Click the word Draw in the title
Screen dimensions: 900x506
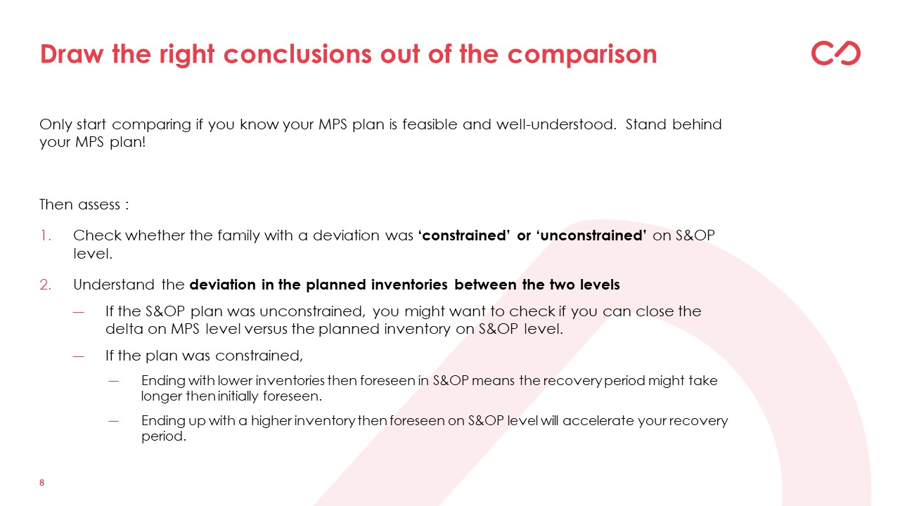click(72, 54)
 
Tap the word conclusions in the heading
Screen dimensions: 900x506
click(297, 54)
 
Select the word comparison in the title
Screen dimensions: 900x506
click(582, 55)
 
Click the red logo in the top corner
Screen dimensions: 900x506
click(836, 53)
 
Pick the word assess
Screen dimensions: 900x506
click(99, 205)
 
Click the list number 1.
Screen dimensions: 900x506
click(46, 235)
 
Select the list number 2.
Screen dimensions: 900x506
click(46, 285)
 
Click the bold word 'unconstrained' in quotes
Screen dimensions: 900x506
click(591, 235)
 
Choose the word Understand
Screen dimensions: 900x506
click(114, 285)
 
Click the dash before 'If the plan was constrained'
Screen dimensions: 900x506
click(79, 356)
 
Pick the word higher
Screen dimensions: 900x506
click(271, 421)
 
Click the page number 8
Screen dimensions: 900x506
click(41, 483)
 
